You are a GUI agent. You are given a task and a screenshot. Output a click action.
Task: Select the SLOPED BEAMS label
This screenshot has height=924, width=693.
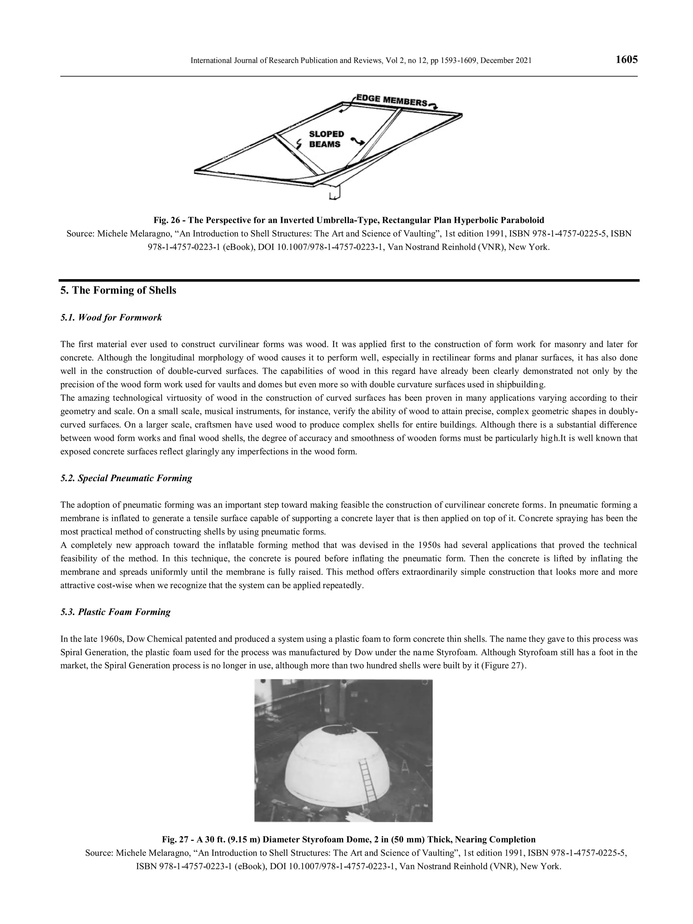tap(326, 139)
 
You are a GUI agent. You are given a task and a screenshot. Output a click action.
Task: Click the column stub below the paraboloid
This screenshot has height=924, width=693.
tap(335, 193)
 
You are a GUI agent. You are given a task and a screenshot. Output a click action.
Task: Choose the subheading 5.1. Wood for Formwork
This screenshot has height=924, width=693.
tap(111, 317)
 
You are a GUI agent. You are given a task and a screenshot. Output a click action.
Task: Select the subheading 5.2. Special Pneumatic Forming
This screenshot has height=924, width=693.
tap(126, 478)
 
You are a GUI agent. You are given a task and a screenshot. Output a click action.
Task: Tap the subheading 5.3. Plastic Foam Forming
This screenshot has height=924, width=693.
tap(116, 612)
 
